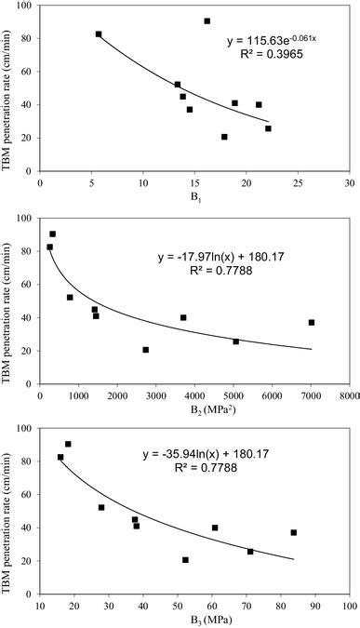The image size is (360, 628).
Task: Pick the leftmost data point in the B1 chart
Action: click(99, 34)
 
